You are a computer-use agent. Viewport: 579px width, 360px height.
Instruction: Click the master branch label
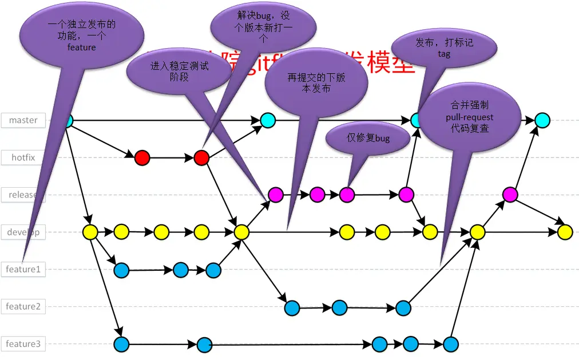[23, 120]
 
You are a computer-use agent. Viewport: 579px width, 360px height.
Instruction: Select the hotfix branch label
[23, 157]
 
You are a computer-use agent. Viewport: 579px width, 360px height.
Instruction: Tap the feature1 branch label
[23, 269]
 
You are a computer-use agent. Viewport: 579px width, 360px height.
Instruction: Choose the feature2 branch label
[23, 306]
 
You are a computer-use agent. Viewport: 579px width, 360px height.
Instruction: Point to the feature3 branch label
[23, 344]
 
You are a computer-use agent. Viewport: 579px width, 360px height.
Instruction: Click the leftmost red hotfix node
[142, 157]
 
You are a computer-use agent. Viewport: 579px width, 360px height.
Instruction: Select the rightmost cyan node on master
[542, 120]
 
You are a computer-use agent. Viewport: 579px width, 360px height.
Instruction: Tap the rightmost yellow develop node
[565, 232]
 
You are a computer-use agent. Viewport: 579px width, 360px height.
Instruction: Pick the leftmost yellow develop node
[90, 232]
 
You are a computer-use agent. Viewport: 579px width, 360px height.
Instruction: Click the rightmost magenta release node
[510, 195]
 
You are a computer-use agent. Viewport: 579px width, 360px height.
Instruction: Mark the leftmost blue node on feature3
[121, 345]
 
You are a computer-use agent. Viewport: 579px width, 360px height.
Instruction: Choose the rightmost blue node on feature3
[451, 345]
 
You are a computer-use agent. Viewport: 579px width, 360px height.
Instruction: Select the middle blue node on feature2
[339, 308]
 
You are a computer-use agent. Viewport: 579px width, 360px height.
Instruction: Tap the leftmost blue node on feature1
[121, 270]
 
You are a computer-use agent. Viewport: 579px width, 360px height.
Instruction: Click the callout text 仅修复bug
[368, 138]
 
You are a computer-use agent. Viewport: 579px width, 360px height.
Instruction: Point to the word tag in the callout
[444, 54]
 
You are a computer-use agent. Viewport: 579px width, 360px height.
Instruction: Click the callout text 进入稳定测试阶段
[179, 72]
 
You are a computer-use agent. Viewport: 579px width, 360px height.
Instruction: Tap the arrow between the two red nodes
[172, 157]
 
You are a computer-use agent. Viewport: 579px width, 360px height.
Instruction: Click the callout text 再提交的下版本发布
[316, 84]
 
